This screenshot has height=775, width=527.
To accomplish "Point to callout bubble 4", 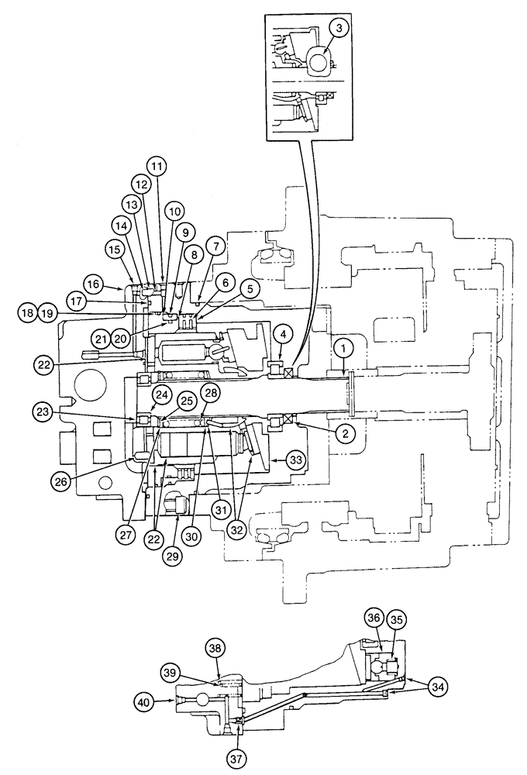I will coord(284,336).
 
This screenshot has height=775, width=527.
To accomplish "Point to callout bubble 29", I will coord(171,556).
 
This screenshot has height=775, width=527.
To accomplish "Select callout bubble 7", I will coord(215,246).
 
